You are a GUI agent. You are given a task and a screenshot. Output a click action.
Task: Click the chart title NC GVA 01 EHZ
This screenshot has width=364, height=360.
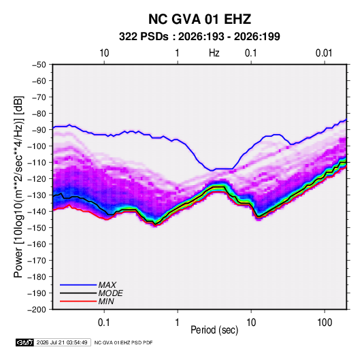[199, 19]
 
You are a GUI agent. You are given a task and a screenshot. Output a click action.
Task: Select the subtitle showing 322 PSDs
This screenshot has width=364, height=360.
[199, 37]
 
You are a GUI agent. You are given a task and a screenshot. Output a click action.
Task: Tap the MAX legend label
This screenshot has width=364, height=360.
[107, 285]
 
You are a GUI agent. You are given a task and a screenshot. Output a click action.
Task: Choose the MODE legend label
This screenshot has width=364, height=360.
[110, 293]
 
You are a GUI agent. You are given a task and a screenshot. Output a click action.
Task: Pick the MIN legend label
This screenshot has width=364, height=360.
[106, 301]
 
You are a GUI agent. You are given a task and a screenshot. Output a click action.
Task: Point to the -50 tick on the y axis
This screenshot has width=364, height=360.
[39, 65]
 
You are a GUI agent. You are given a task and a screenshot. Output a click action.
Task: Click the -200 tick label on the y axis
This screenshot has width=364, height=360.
[37, 310]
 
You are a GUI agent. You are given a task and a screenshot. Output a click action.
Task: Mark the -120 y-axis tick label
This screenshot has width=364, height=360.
[37, 178]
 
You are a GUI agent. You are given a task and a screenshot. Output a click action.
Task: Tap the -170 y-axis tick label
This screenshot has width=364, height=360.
[37, 261]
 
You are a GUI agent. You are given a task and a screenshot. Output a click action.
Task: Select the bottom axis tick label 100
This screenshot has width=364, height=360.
[325, 323]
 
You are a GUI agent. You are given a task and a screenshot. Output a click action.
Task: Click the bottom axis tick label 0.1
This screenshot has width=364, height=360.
[104, 323]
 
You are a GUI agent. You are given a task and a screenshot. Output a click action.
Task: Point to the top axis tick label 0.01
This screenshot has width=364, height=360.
[324, 53]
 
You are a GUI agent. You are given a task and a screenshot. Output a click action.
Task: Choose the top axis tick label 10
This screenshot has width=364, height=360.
[104, 53]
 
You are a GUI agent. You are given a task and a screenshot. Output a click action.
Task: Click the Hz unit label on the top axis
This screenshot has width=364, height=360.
[214, 53]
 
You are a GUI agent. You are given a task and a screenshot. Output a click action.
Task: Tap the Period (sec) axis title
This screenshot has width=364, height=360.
[214, 330]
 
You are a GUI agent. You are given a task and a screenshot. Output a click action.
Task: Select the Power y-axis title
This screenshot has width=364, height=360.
[19, 187]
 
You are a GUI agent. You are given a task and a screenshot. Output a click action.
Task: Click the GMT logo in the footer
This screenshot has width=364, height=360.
[25, 342]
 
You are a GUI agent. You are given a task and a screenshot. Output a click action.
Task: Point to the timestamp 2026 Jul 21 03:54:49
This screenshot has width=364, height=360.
[62, 342]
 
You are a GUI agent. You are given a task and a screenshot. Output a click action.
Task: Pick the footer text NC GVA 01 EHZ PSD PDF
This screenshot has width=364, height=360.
[124, 342]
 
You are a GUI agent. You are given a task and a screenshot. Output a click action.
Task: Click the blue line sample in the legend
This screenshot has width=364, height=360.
[78, 285]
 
